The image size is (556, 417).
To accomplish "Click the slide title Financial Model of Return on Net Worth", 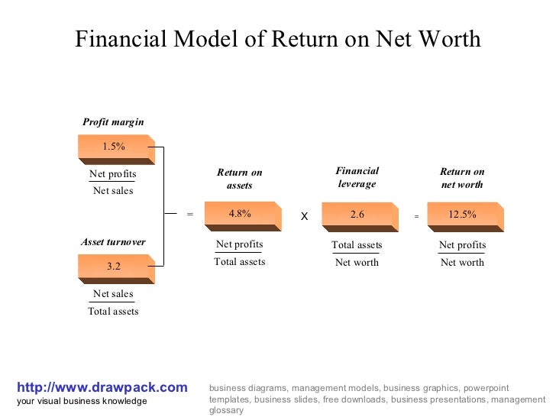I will (278, 39).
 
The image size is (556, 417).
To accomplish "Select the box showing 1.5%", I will (114, 147).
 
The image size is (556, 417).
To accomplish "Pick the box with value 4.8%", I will (240, 215).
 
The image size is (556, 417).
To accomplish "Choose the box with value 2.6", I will (357, 215).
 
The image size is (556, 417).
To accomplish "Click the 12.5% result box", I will (462, 215).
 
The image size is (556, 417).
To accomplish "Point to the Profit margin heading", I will (113, 122).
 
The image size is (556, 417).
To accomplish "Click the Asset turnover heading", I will (113, 242).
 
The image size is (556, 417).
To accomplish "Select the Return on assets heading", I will (240, 179).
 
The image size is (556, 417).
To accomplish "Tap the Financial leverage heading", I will (357, 177).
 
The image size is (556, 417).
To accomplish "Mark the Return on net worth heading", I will (462, 178).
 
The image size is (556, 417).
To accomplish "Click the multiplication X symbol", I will (304, 217).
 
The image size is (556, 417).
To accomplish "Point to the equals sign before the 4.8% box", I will (190, 215).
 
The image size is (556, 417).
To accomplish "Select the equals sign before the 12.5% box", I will (416, 217).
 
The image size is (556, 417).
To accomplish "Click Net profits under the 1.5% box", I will (113, 174).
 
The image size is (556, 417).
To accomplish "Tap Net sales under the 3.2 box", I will (113, 294).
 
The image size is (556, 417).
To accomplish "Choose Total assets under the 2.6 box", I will (357, 245).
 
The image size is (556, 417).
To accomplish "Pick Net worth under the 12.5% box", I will (462, 262).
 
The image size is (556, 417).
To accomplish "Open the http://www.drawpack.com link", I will (102, 388).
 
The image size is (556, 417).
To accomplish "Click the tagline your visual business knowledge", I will (82, 402).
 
